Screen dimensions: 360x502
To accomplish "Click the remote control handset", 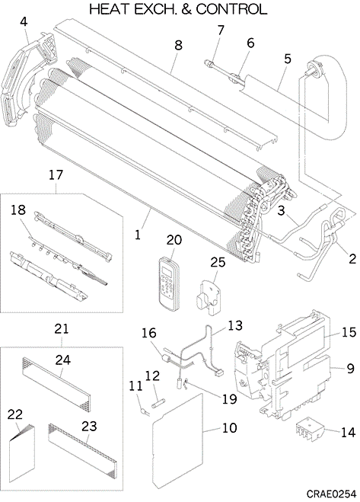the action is (170, 283).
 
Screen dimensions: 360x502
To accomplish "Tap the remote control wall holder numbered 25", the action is (207, 297).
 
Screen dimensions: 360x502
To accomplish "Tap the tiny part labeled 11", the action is (143, 411).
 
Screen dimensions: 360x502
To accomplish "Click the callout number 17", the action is (56, 175).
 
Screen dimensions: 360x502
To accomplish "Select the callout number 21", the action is (62, 329).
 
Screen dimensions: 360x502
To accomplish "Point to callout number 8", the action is (178, 45).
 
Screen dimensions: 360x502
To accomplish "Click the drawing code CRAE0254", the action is (331, 494).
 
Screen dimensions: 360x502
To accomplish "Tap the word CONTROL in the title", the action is (231, 10).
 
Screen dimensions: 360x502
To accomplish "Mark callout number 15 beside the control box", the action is (349, 332).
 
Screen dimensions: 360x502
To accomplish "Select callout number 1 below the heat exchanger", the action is (138, 235).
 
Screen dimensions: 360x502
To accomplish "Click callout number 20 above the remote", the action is (174, 240).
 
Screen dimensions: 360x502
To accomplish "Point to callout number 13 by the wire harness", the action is (235, 325).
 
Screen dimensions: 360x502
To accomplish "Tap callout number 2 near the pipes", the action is (352, 259).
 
